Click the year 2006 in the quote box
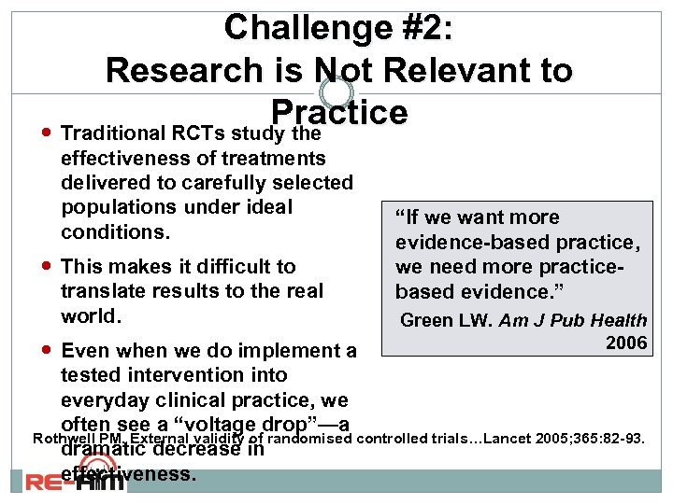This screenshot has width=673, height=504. click(x=626, y=343)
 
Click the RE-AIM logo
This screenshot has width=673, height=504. click(x=57, y=483)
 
